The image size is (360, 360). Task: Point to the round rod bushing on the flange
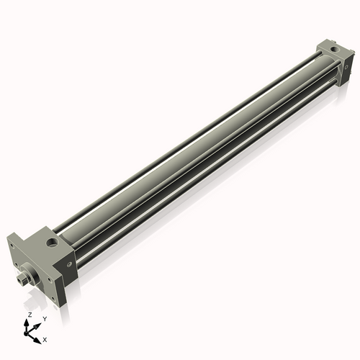point(29,273)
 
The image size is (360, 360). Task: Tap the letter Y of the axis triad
point(45,318)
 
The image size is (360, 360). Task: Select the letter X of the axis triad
point(45,338)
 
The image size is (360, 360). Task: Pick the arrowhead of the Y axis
point(39,323)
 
